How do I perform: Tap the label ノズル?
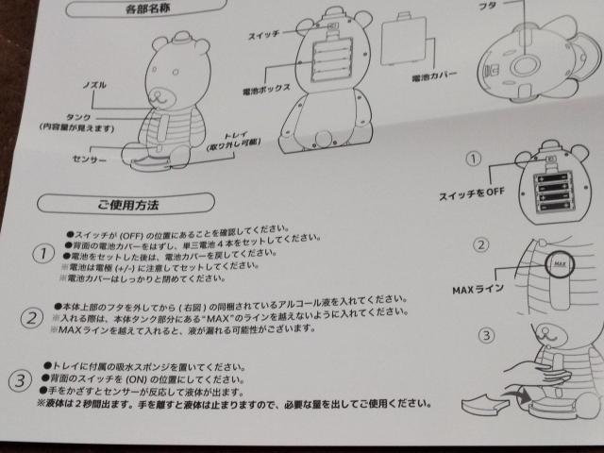coord(92,85)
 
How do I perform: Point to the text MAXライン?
coord(477,285)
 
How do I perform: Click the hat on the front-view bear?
coord(180,41)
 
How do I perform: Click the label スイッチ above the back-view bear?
coord(263,33)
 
